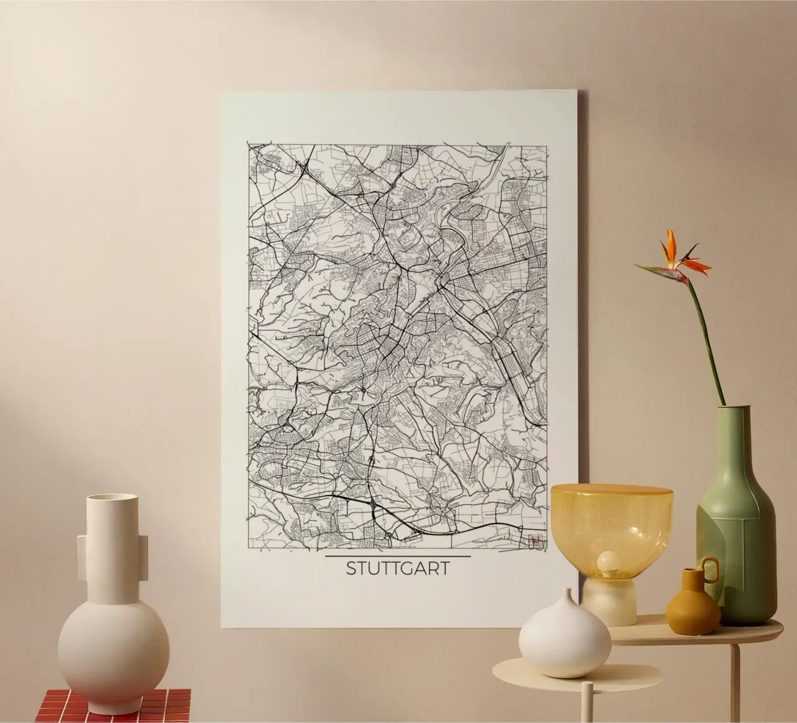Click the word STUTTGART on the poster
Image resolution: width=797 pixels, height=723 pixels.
397,569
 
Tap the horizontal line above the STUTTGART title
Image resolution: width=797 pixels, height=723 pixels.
398,555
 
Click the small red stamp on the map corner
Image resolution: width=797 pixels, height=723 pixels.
533,542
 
